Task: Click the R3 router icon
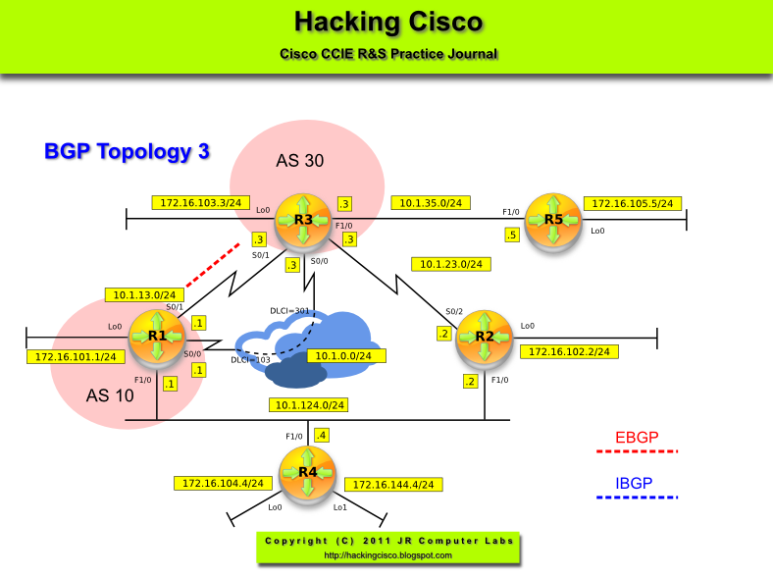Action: [303, 221]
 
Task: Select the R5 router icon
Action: [553, 221]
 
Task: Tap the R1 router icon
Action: [157, 337]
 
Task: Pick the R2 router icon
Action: [485, 337]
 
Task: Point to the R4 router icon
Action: [308, 472]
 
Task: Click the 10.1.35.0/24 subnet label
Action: [432, 203]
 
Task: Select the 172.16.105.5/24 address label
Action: [633, 203]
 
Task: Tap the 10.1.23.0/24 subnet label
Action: [451, 263]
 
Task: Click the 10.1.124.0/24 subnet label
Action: [310, 404]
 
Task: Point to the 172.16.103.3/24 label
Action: [200, 202]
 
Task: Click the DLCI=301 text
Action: [289, 311]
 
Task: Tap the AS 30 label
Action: [299, 160]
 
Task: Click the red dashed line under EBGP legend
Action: [638, 451]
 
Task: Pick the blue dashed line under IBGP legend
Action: [638, 498]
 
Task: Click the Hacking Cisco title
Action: [388, 22]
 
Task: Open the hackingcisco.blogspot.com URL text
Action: [387, 555]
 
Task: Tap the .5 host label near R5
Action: [511, 236]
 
